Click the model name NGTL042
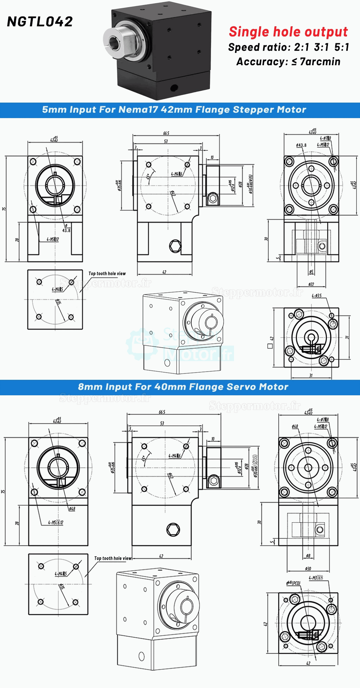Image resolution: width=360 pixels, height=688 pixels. point(40,22)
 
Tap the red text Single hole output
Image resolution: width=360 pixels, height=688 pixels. point(288,32)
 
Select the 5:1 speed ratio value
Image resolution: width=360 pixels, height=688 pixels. point(341,47)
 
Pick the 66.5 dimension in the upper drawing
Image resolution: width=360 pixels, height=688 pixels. point(166,133)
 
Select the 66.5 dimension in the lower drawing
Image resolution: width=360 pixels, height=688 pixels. point(162,412)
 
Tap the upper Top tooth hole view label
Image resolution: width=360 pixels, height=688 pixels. point(107,274)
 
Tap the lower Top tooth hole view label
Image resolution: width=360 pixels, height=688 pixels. point(113,558)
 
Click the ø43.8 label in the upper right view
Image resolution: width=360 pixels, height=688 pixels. point(301,145)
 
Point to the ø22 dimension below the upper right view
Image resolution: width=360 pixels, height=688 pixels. point(311,284)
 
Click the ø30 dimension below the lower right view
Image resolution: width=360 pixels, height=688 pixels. point(308,569)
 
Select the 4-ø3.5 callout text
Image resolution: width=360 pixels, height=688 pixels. point(317,296)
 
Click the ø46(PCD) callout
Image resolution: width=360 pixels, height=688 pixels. point(293,583)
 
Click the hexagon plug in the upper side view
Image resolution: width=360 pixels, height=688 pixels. point(175,246)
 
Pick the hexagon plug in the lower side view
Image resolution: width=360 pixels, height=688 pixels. point(173,530)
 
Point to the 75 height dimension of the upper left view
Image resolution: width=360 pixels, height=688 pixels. point(4,209)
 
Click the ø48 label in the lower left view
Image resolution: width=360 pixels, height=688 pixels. point(72,509)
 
